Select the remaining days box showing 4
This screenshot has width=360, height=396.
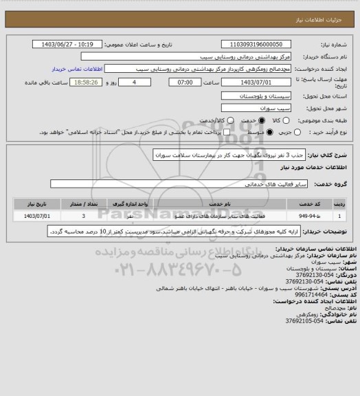[x=142, y=82]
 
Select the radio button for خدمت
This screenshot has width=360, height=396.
[x=240, y=121]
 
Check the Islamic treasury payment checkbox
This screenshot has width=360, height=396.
[x=203, y=132]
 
